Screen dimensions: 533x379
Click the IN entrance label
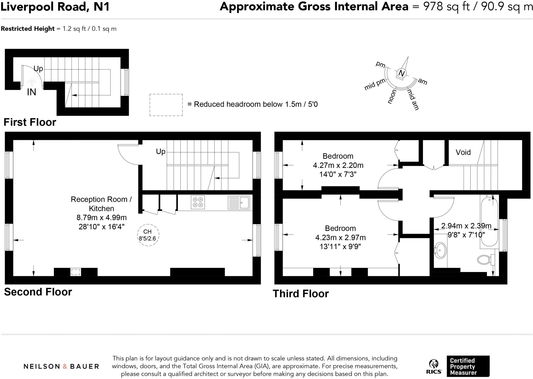tap(31, 92)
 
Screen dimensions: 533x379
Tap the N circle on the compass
tap(401, 73)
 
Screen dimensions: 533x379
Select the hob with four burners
tap(198, 202)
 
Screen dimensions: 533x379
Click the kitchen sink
tap(239, 203)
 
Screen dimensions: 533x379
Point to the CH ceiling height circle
tap(148, 235)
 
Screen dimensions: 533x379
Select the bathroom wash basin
tap(440, 250)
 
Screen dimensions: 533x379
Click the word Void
tap(463, 152)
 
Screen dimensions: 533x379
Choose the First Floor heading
tap(30, 122)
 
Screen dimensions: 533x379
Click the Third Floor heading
tap(301, 294)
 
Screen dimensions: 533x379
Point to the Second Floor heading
tap(38, 292)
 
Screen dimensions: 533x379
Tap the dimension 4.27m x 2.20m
tap(338, 165)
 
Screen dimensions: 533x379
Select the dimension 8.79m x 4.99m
tap(101, 217)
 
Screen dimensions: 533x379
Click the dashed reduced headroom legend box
tap(166, 105)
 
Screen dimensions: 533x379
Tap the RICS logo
tap(434, 367)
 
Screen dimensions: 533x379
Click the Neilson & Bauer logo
tap(61, 367)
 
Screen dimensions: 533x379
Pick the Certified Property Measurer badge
tap(468, 366)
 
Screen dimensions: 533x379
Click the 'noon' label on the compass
tap(392, 97)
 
